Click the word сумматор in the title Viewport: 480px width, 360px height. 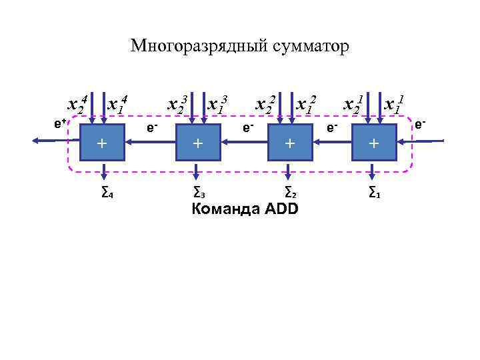[x=309, y=47]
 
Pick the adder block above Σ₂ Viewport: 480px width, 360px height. [x=289, y=142]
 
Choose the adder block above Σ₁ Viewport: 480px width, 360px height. [x=374, y=142]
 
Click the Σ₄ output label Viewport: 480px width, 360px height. [x=105, y=193]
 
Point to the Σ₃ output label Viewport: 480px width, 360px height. [x=198, y=193]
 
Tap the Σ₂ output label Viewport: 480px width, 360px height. [x=290, y=193]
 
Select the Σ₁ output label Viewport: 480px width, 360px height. [x=375, y=193]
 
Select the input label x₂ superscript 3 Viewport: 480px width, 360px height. [x=177, y=104]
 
